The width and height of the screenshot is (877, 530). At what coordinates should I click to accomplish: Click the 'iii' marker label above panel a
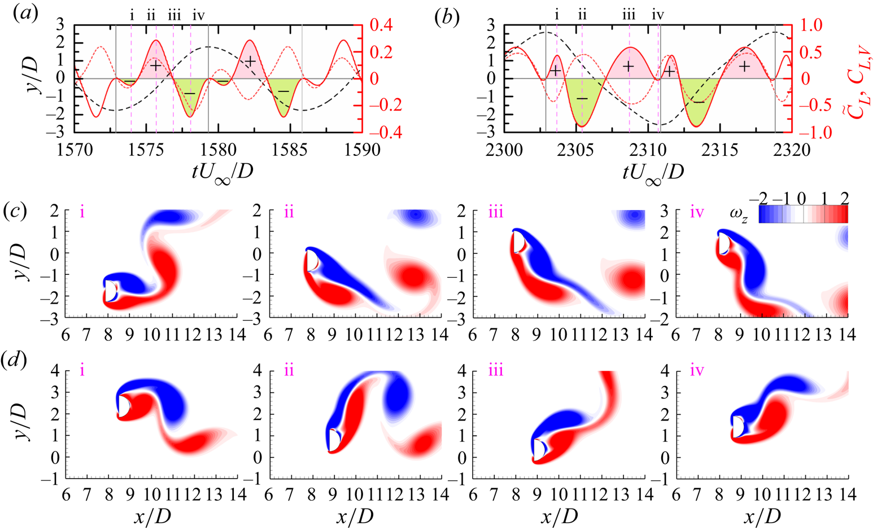[x=174, y=15]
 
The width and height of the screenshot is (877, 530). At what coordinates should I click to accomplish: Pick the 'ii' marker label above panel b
[x=582, y=15]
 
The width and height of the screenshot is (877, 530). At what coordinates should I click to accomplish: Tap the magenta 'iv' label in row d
[x=697, y=371]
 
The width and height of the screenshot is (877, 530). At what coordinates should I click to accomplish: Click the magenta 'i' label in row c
[x=82, y=214]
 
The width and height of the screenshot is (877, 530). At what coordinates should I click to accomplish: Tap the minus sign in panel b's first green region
[x=582, y=99]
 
